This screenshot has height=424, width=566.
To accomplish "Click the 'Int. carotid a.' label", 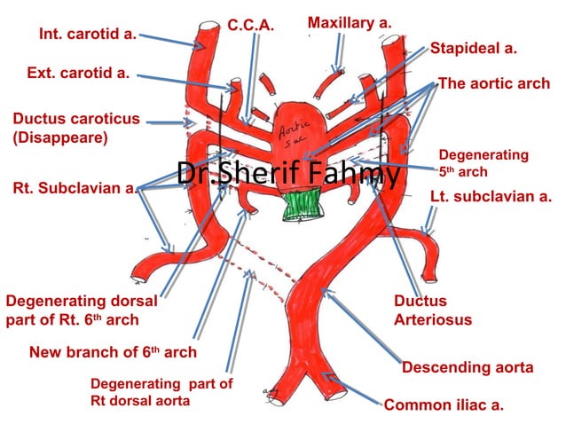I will pyautogui.click(x=87, y=35).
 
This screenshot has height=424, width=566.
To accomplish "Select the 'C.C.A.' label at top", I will pyautogui.click(x=249, y=27).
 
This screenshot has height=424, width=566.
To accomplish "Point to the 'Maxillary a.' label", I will pyautogui.click(x=349, y=21).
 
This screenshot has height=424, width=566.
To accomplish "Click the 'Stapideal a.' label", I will pyautogui.click(x=473, y=49).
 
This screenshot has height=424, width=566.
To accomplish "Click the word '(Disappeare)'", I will pyautogui.click(x=60, y=138).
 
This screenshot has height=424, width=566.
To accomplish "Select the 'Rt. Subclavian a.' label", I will pyautogui.click(x=75, y=188).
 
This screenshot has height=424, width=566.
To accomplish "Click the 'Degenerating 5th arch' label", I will pyautogui.click(x=483, y=163).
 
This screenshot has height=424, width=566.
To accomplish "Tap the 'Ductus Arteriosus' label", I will pyautogui.click(x=432, y=310).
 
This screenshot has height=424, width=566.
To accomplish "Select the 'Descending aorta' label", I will pyautogui.click(x=468, y=367).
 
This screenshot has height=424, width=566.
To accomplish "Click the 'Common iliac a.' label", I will pyautogui.click(x=444, y=405).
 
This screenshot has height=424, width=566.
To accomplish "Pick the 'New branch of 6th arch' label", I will pyautogui.click(x=113, y=352).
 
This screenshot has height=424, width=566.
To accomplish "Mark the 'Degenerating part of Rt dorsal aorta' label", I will pyautogui.click(x=161, y=392).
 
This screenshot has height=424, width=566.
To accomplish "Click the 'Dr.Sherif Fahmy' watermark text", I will pyautogui.click(x=287, y=175).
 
